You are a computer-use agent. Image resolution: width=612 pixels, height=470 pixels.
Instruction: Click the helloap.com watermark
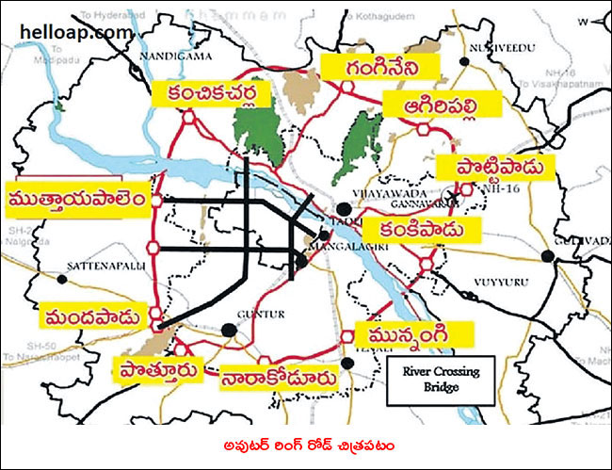tap(75, 31)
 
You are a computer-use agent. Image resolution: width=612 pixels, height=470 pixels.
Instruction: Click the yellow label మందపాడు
tap(95, 314)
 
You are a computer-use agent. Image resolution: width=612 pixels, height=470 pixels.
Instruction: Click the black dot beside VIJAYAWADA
tap(345, 208)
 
